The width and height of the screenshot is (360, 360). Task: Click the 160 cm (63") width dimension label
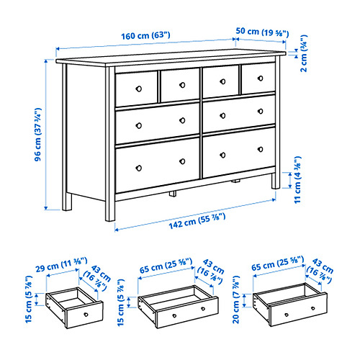145,35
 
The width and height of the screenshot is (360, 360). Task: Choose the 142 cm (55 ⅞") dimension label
197,221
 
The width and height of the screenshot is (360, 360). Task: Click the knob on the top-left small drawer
139,89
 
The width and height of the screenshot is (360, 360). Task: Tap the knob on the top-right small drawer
260,78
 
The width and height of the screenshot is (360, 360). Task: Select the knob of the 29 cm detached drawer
86,315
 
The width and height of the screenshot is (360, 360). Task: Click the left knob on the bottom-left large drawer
138,168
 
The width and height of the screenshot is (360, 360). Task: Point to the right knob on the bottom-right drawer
260,149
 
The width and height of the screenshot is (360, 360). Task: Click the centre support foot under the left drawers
173,194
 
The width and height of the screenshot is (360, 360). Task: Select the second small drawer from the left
180,86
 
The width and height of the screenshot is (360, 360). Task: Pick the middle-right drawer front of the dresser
239,114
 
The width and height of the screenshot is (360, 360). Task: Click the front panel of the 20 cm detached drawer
297,310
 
